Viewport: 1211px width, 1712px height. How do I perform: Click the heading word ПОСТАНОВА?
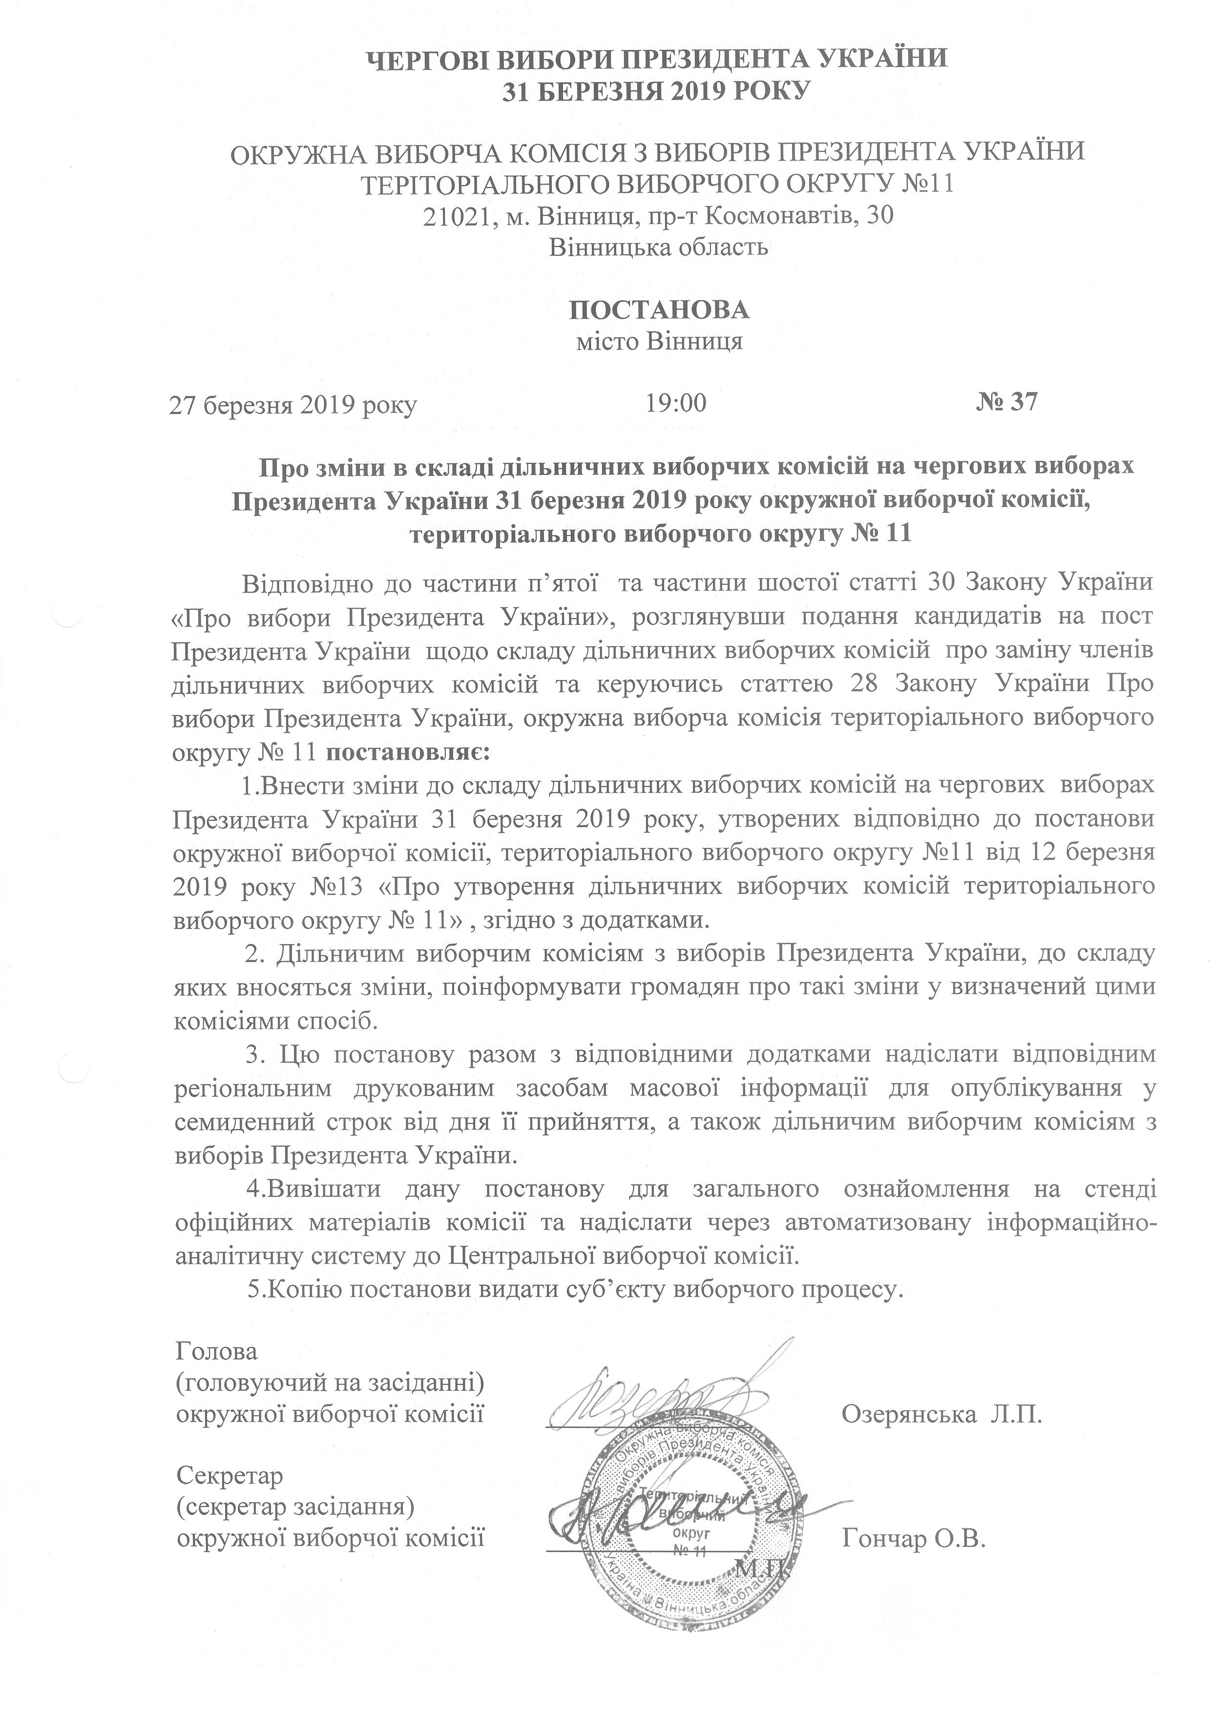pyautogui.click(x=659, y=309)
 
